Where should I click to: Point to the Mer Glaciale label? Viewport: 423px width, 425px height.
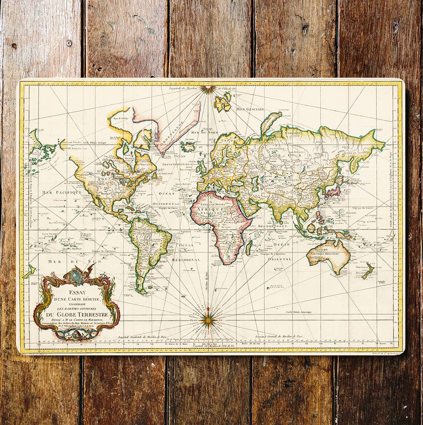tap(250, 109)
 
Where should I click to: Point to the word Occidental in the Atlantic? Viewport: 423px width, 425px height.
tap(170, 204)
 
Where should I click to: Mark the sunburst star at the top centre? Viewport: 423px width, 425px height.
tap(208, 89)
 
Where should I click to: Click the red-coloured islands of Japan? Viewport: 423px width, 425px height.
tap(332, 192)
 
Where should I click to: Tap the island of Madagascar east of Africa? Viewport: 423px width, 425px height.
tap(249, 247)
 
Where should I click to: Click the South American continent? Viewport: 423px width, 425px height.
tap(148, 250)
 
